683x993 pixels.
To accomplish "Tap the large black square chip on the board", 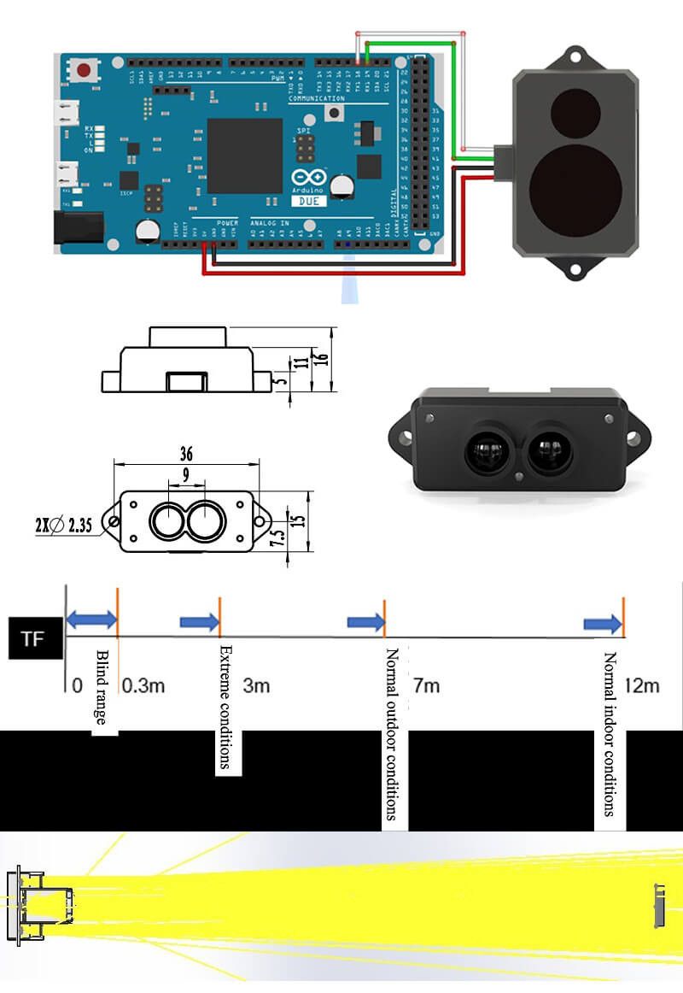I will pyautogui.click(x=244, y=155).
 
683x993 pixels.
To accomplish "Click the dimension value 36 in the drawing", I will pyautogui.click(x=187, y=454).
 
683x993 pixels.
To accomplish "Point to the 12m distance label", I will pyautogui.click(x=641, y=685).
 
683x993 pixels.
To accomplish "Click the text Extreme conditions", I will pyautogui.click(x=226, y=707).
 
